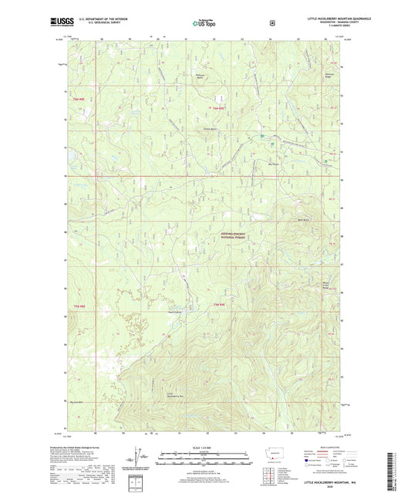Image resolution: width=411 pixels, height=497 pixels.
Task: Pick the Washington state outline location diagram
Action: pyautogui.click(x=277, y=454)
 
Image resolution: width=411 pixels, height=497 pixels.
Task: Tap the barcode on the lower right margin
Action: pyautogui.click(x=396, y=468)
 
